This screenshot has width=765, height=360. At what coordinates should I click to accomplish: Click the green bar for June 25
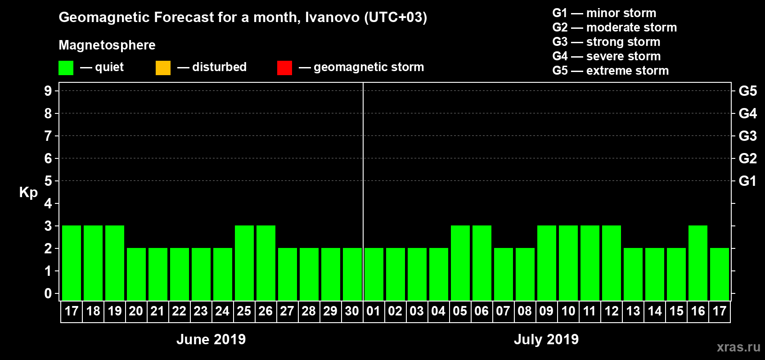[244, 263]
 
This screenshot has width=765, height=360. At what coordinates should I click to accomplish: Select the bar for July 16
[698, 263]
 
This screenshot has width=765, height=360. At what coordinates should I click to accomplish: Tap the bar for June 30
[352, 274]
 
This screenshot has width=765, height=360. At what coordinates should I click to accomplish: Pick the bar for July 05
[460, 263]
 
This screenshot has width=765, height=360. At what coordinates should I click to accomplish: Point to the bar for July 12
[612, 263]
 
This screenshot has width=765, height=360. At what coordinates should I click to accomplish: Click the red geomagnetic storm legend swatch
[284, 68]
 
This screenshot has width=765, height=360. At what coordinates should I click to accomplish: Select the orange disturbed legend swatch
[163, 68]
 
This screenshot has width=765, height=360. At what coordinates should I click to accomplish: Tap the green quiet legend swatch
[66, 68]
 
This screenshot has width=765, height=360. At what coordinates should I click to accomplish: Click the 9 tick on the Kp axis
[48, 91]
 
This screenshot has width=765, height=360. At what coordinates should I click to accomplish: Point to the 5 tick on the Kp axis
[48, 181]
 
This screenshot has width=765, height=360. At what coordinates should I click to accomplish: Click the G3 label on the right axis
[747, 136]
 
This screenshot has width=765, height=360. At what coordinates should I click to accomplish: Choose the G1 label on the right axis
[747, 181]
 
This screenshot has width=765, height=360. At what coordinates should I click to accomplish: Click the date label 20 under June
[136, 311]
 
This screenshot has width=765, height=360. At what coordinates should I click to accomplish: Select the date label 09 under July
[546, 311]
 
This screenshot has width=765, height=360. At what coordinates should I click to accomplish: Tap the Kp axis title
[28, 193]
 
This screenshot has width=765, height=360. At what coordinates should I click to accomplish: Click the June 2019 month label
[211, 339]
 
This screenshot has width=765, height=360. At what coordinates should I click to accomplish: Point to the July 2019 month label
[546, 339]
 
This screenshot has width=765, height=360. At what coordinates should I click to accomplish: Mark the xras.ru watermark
[738, 347]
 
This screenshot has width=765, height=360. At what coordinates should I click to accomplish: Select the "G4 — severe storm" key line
[607, 56]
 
